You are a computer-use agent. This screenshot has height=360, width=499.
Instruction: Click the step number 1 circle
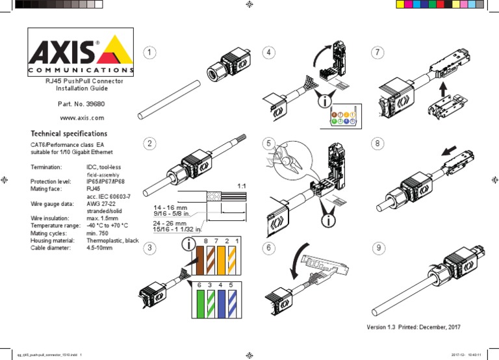pos(150,51)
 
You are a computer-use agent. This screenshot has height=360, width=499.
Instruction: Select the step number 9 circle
pos(378,248)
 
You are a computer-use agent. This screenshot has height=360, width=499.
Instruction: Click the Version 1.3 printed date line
pos(417,326)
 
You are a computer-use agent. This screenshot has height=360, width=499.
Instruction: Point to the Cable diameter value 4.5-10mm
pos(99,248)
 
